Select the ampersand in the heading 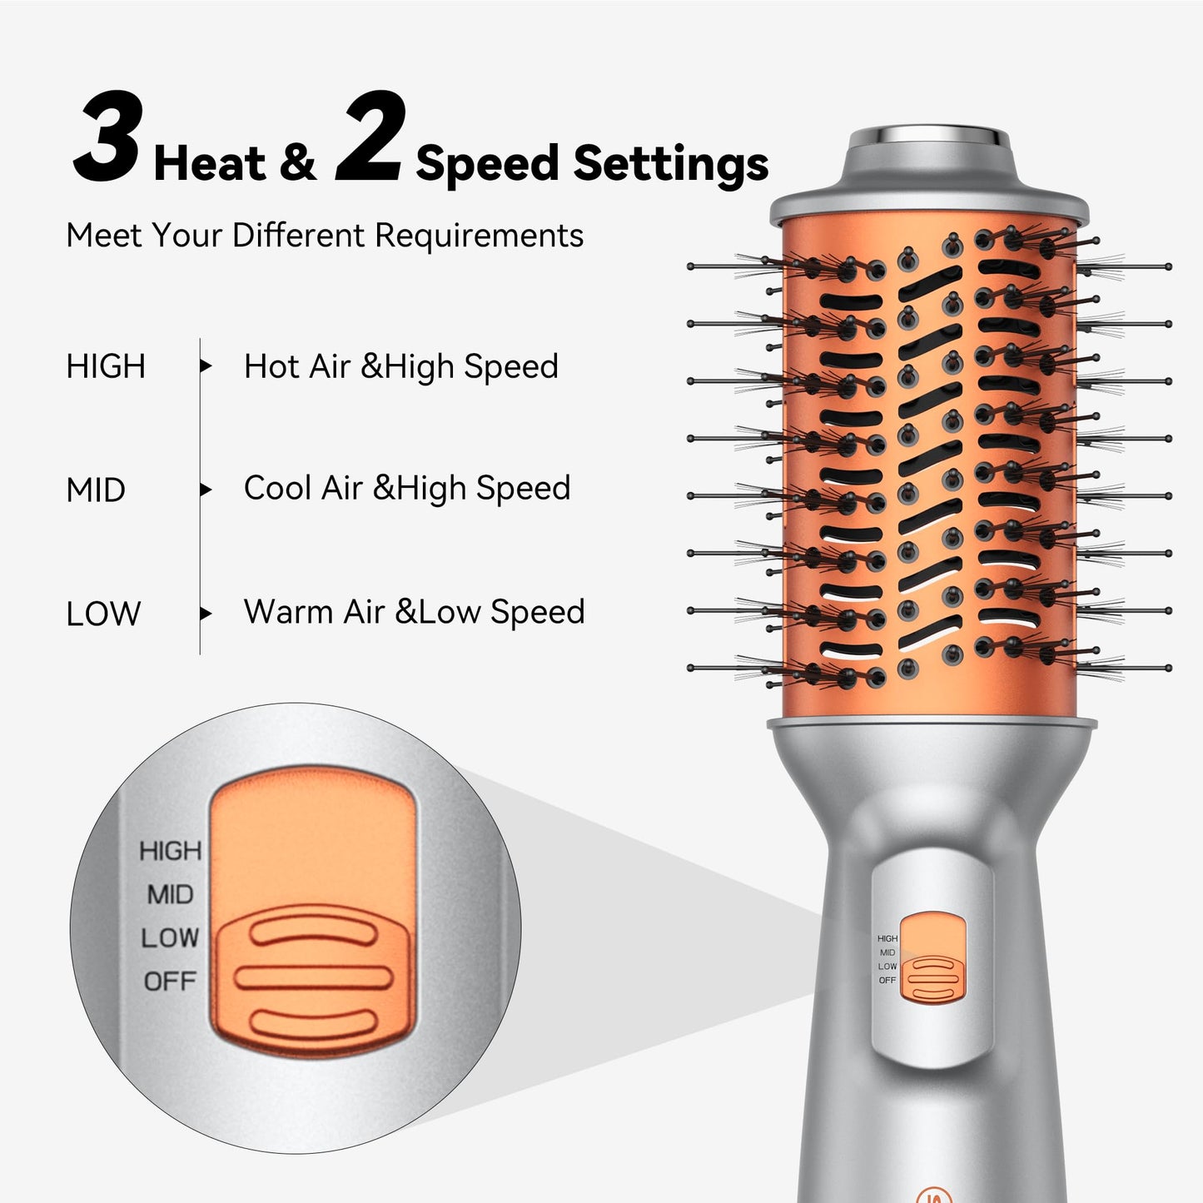point(297,163)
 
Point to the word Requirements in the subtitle point(479,236)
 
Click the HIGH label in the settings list point(106,367)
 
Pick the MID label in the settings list point(96,490)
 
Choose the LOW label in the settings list point(103,614)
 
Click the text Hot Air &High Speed point(400,367)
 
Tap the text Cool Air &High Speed point(407,489)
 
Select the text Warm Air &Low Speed point(414,612)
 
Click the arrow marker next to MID point(206,490)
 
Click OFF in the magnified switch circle point(170,982)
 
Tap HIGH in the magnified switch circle point(170,851)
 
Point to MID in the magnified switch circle point(170,895)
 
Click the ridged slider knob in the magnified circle point(313,978)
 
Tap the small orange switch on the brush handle point(932,957)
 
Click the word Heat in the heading point(210,163)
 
